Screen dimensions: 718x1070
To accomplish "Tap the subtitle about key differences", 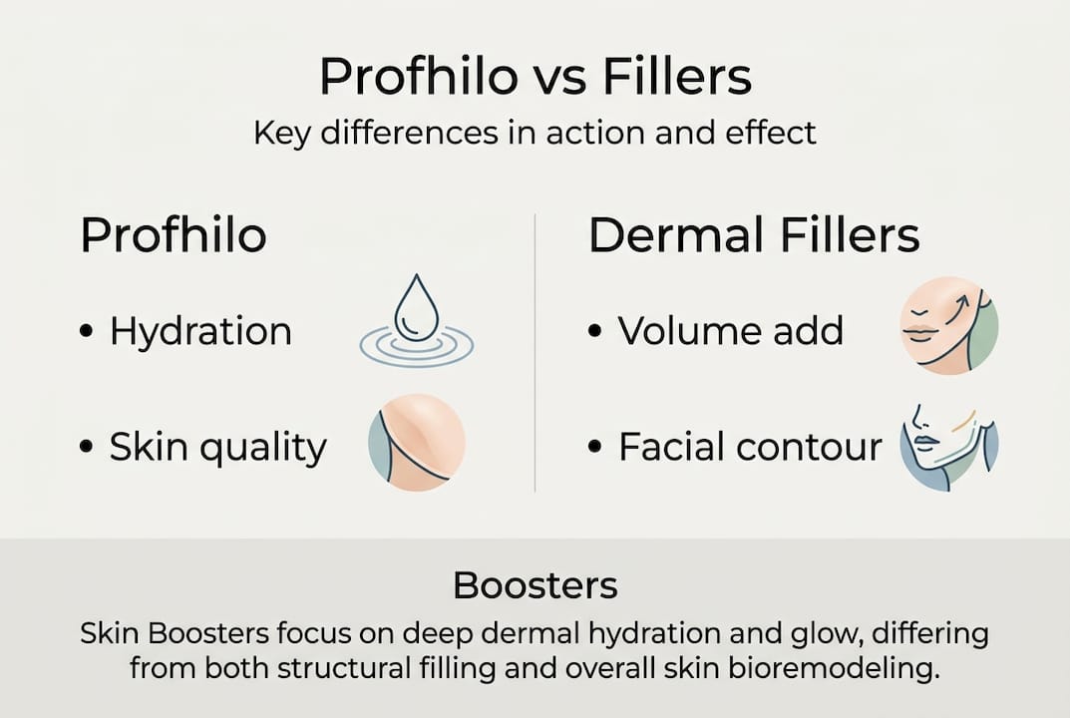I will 535,133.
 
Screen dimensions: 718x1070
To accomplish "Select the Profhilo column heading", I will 174,236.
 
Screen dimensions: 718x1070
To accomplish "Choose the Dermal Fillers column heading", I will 754,236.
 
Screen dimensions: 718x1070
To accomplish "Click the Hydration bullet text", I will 200,331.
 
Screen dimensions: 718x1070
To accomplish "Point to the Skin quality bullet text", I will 217,448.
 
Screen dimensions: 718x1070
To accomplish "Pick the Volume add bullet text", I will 730,331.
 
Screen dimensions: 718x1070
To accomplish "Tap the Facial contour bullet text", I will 750,448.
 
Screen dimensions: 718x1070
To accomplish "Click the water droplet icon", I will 410,310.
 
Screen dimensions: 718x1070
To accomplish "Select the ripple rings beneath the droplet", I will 416,345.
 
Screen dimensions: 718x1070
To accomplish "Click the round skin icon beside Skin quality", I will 417,442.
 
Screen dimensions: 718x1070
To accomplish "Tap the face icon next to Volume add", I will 948,325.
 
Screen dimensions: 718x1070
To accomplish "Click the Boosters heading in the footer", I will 535,585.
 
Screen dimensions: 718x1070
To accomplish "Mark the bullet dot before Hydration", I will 86,333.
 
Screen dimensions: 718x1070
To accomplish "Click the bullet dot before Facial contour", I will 595,449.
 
